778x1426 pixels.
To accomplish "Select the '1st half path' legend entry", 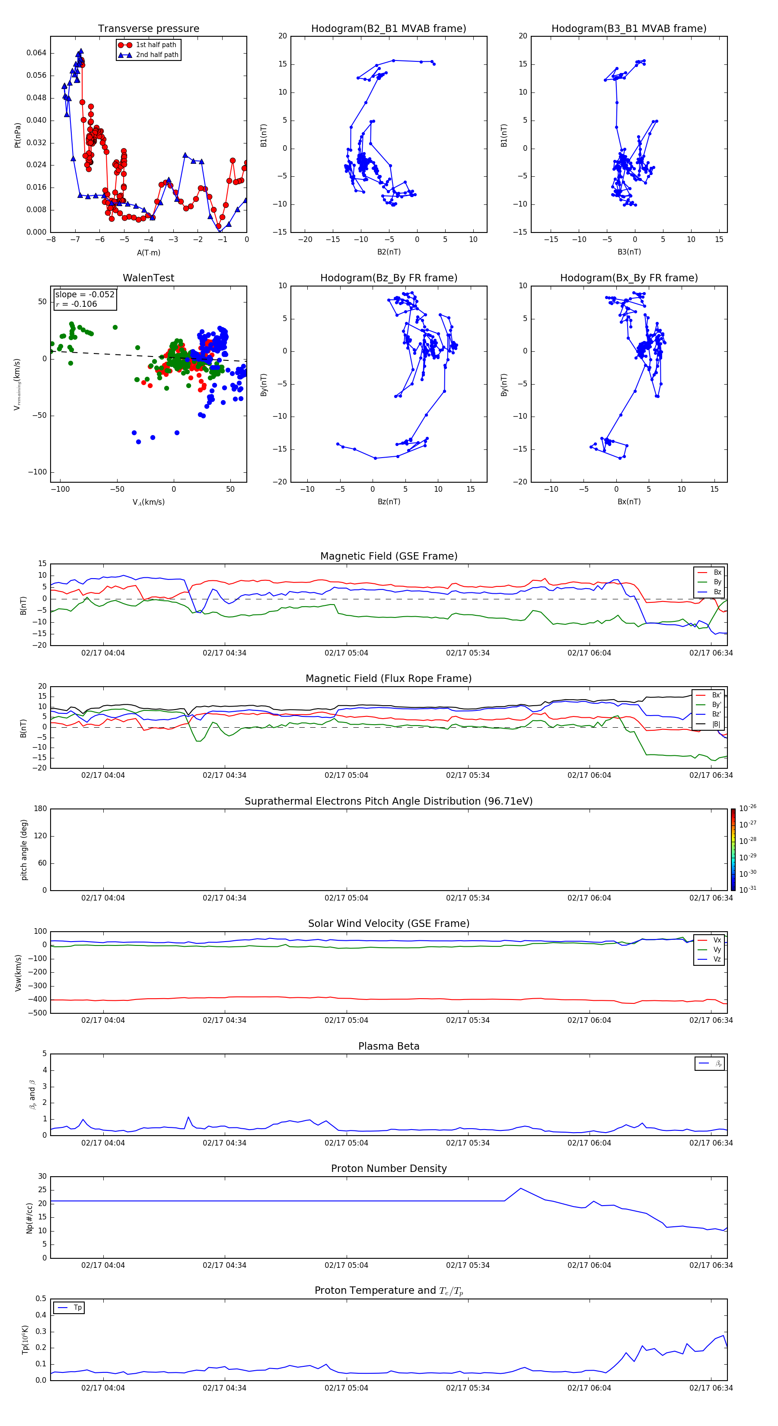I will (x=156, y=45).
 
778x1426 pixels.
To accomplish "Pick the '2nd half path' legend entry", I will (x=157, y=55).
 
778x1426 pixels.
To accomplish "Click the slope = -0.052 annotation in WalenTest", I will (x=85, y=295).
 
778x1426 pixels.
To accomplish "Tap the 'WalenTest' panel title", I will (x=148, y=278).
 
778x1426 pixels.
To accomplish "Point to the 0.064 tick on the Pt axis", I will (x=37, y=53).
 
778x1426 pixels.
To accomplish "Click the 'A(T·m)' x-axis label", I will (x=148, y=253).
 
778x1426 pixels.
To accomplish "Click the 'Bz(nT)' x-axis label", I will (x=389, y=502).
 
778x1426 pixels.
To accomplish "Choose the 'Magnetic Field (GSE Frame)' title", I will (x=389, y=556).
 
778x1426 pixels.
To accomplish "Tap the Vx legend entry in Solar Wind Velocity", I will (x=717, y=940).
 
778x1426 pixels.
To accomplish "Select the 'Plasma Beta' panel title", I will (x=389, y=1046).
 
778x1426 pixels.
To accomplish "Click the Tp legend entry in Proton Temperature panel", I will (x=77, y=1308).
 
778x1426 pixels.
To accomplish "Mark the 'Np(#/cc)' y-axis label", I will (x=29, y=1218).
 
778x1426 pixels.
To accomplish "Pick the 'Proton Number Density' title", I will (x=389, y=1168).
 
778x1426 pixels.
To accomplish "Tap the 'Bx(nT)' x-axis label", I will (x=628, y=502).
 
